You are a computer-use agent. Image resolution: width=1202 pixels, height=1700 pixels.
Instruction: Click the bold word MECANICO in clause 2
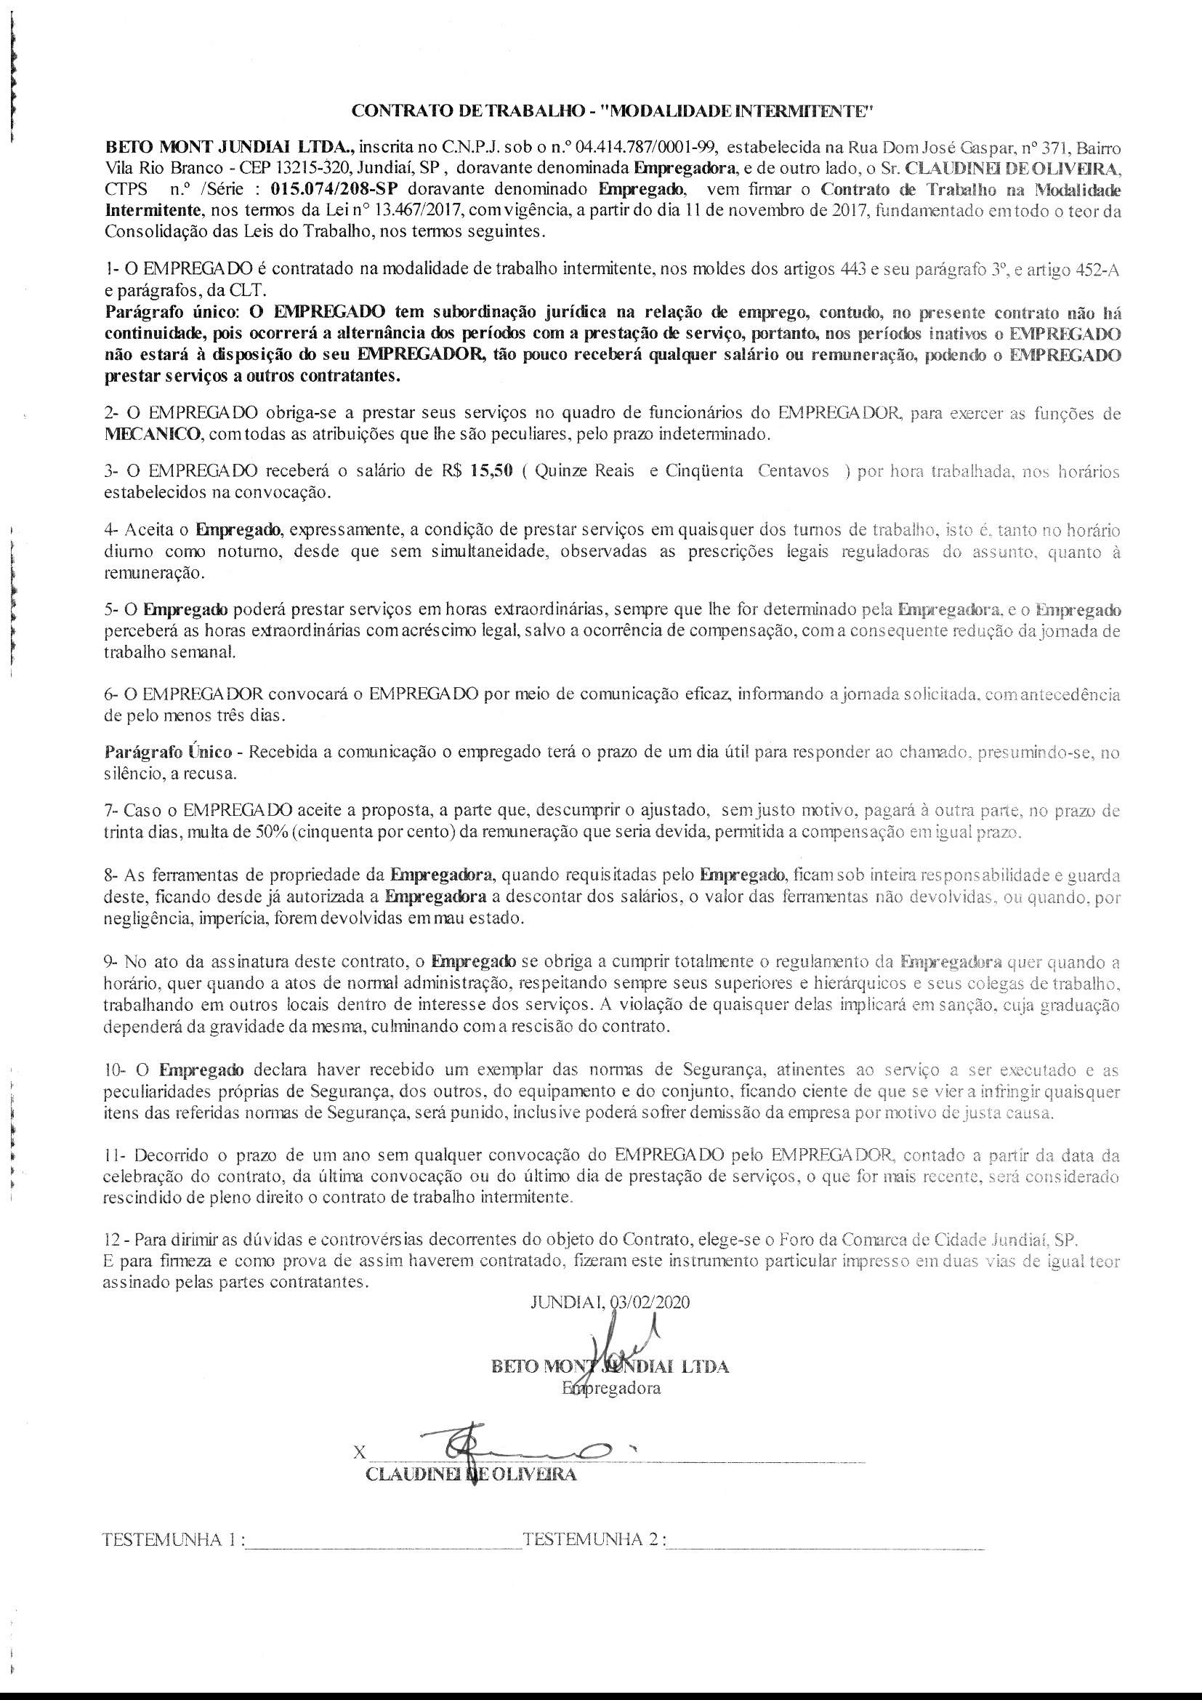(x=153, y=434)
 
